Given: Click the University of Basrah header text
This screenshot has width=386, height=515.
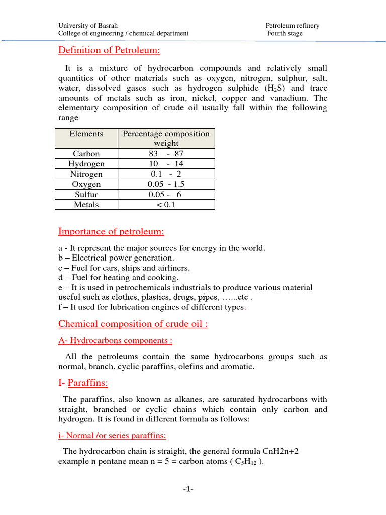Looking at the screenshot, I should click(x=88, y=26).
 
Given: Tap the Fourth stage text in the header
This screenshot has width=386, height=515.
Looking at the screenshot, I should click(x=285, y=34).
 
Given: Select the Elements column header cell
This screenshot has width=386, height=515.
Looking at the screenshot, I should click(x=86, y=134).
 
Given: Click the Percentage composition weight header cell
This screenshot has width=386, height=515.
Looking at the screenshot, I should click(x=166, y=138).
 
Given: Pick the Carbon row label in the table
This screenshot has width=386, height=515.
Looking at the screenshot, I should click(x=86, y=154).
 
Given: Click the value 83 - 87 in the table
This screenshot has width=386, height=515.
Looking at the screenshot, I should click(x=166, y=154).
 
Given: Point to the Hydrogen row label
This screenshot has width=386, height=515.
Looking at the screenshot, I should click(x=86, y=164).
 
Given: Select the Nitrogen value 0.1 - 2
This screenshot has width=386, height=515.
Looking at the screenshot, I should click(x=166, y=174).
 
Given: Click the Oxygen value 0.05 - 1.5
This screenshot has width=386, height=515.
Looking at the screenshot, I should click(x=166, y=184).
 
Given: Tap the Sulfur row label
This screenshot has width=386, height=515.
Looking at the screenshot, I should click(x=86, y=194).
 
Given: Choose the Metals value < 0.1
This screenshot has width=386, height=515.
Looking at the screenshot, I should click(x=166, y=205).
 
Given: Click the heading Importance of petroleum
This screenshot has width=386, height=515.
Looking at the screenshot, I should click(x=111, y=231).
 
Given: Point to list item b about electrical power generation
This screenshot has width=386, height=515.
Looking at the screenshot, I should click(x=116, y=258).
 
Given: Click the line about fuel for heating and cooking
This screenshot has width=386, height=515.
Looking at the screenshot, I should click(x=119, y=278).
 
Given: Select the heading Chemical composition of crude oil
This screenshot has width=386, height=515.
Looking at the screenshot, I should click(x=133, y=323).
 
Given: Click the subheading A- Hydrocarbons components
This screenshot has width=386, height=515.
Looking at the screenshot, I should click(x=115, y=341).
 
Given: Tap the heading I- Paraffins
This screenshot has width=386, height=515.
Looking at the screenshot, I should click(x=83, y=383).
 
